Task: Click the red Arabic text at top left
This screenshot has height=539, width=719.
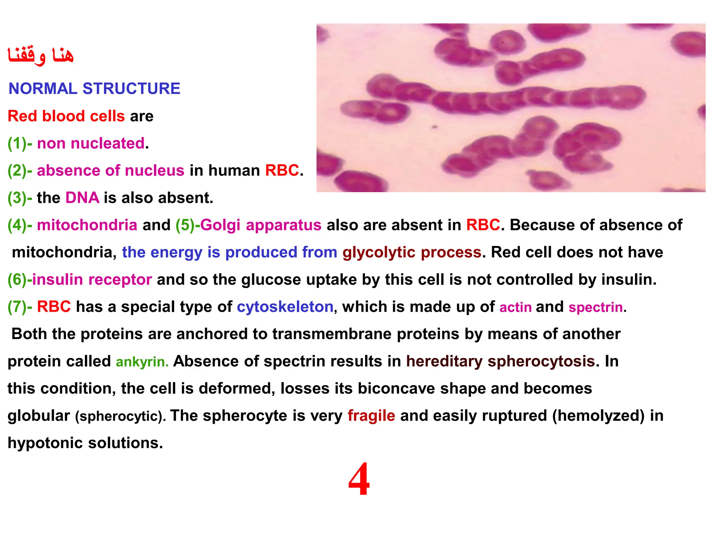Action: (x=41, y=55)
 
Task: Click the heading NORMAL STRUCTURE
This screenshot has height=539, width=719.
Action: (x=94, y=88)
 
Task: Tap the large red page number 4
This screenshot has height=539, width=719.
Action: (x=359, y=479)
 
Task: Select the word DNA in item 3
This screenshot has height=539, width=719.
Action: (x=82, y=198)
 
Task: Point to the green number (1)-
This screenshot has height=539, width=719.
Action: (x=20, y=144)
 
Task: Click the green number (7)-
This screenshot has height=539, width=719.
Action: (x=20, y=307)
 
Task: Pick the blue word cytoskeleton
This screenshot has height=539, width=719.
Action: (x=285, y=307)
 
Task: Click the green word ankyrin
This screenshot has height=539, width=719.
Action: (x=142, y=362)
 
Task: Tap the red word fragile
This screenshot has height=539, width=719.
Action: (x=371, y=416)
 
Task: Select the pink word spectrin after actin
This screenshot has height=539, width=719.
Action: (x=595, y=307)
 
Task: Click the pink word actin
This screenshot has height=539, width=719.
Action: (x=515, y=307)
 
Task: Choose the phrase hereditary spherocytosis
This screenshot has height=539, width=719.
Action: (x=500, y=361)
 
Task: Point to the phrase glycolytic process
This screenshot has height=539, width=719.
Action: (x=411, y=252)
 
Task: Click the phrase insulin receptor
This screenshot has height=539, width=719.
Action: (x=92, y=280)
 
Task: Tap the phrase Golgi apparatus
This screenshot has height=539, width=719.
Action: (x=260, y=225)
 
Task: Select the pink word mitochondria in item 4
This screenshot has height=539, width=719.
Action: (x=87, y=225)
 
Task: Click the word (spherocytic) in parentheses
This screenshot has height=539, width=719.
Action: (x=120, y=417)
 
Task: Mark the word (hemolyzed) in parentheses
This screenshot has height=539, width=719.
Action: (x=598, y=416)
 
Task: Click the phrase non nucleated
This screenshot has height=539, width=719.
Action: (x=91, y=144)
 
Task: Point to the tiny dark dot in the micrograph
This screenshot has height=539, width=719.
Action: (x=435, y=127)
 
